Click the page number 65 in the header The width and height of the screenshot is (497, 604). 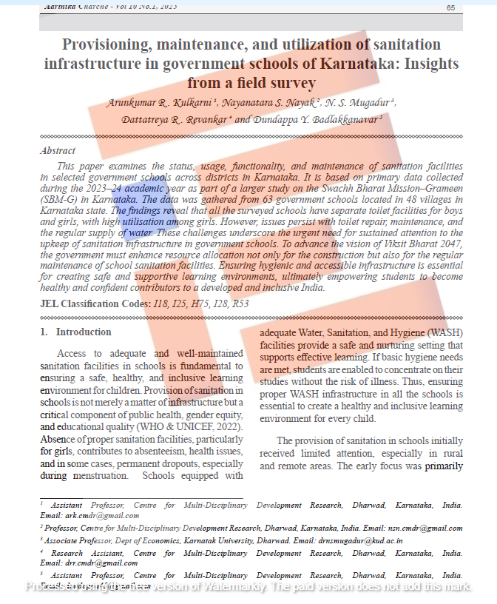point(450,7)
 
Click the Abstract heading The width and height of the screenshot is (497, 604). point(57,150)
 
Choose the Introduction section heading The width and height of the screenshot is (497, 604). point(84,332)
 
